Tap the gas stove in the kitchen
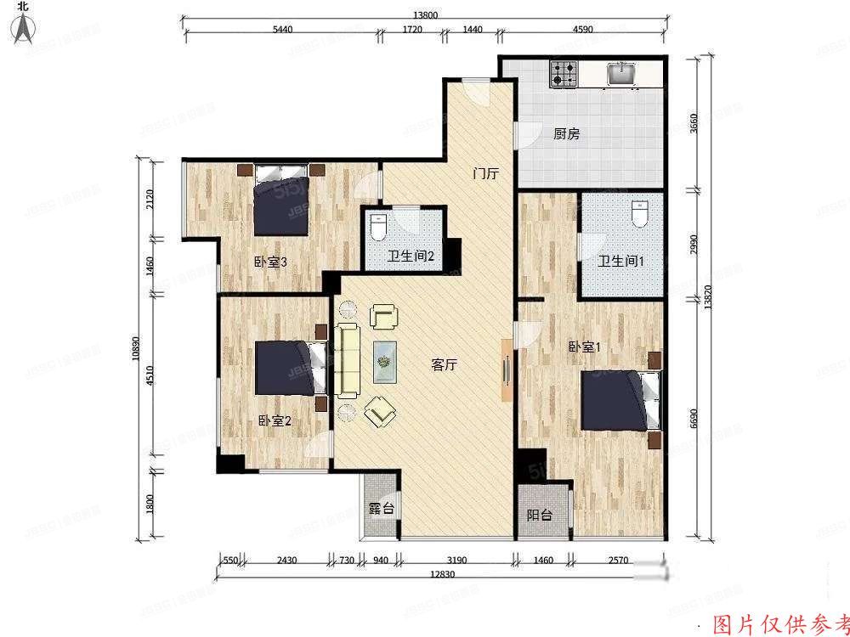(x=563, y=75)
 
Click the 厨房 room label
(x=566, y=133)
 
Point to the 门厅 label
(x=485, y=174)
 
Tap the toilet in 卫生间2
(x=379, y=227)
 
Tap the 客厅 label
(x=445, y=366)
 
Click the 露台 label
(x=381, y=510)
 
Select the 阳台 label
(x=539, y=515)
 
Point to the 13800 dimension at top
(x=425, y=14)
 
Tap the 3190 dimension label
(x=456, y=561)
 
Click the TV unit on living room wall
(x=506, y=371)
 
